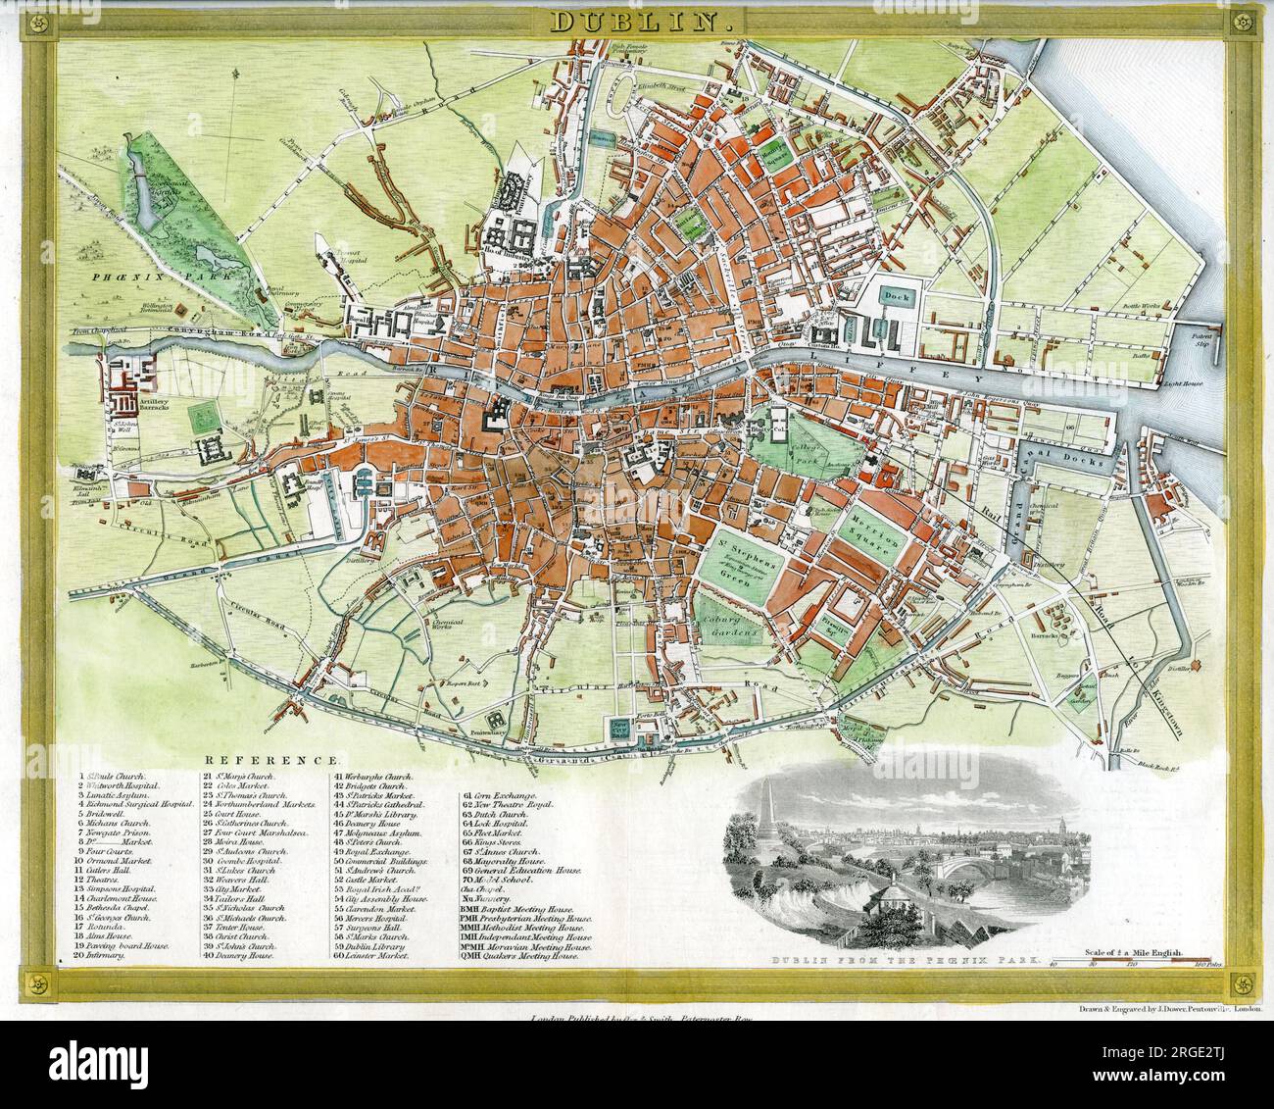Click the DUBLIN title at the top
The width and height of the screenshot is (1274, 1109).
click(x=635, y=21)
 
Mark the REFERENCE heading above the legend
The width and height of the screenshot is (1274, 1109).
click(x=272, y=760)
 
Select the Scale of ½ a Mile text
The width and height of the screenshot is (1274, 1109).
click(x=1135, y=952)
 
